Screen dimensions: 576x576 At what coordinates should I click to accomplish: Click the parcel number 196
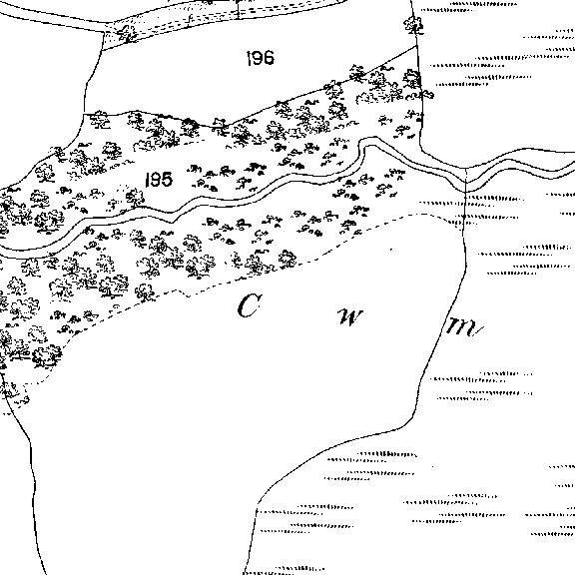point(261,58)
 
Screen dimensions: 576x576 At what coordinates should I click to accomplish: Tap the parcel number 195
point(159,180)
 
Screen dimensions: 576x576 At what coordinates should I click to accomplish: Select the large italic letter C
point(249,305)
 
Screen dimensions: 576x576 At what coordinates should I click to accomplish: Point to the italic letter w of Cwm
point(349,317)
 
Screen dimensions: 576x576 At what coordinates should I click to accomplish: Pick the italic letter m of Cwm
point(463,326)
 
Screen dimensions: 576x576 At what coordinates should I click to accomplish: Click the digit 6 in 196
point(269,58)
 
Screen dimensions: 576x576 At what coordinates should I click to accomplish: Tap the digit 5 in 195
point(166,180)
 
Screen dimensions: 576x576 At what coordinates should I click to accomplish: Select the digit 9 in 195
point(155,180)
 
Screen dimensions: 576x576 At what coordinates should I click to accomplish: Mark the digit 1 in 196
point(249,58)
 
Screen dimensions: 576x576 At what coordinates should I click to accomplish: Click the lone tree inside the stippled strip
point(127,33)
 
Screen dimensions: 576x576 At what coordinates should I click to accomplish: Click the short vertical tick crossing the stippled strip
point(238,9)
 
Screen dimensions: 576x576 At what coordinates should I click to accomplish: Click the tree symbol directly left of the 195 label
point(135,197)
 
